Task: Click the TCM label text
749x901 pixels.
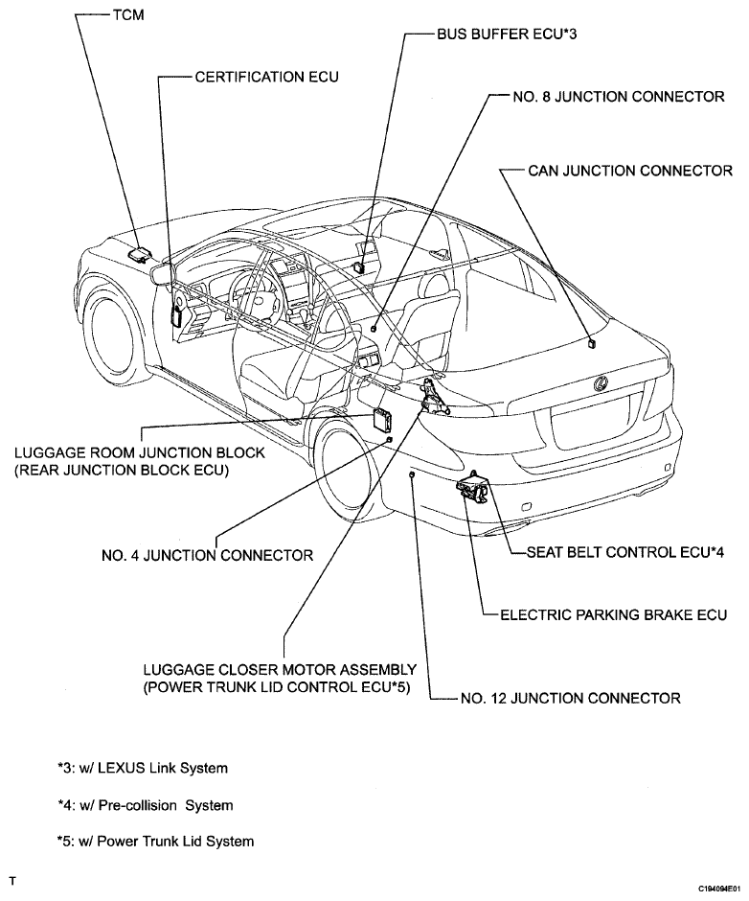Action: [x=128, y=15]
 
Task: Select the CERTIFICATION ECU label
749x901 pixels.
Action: [x=266, y=77]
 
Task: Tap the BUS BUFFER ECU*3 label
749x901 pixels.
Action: [x=507, y=35]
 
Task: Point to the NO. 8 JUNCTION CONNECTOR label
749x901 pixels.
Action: [x=619, y=97]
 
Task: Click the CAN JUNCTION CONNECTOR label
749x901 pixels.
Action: [x=630, y=171]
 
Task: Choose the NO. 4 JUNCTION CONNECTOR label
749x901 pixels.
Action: [x=207, y=556]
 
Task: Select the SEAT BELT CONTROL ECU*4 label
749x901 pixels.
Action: [x=625, y=552]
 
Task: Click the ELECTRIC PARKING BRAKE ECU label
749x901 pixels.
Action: [x=613, y=614]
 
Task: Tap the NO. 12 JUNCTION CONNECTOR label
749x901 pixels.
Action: [x=570, y=698]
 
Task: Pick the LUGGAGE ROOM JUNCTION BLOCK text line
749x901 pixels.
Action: [x=140, y=452]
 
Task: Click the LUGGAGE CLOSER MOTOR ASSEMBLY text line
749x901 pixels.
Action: [x=280, y=670]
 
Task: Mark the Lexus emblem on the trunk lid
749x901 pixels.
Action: [x=601, y=383]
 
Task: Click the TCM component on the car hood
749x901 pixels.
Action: [x=139, y=254]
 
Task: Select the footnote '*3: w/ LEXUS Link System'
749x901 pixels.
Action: [x=143, y=769]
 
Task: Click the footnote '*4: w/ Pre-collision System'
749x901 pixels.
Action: [x=145, y=805]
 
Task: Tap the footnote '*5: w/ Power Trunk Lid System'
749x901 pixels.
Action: [x=155, y=842]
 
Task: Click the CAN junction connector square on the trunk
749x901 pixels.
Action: [x=592, y=343]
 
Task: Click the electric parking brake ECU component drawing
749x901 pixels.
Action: [x=472, y=488]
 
